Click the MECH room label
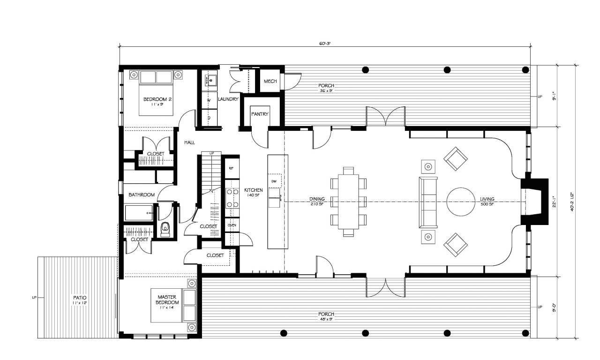270,82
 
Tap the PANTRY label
259,114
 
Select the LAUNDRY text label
229,99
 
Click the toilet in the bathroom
165,229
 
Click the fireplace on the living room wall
536,202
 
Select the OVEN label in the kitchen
232,225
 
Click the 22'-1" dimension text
566,202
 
